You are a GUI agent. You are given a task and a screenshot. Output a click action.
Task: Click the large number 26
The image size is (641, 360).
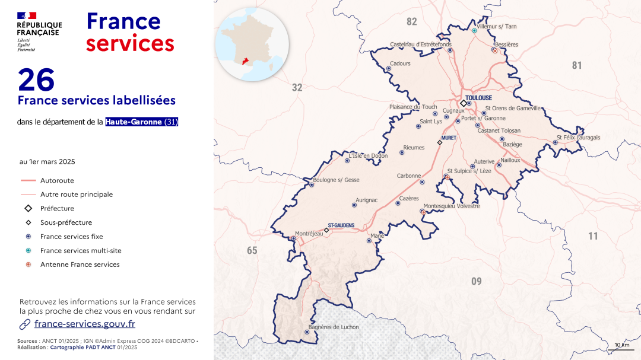[36, 80]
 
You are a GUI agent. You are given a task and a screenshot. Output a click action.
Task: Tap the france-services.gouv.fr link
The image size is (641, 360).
[84, 324]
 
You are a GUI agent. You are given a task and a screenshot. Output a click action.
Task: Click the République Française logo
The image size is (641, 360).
[39, 32]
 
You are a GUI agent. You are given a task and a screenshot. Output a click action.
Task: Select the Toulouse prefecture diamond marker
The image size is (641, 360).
[464, 103]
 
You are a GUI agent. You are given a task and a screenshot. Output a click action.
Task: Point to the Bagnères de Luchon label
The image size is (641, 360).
[334, 327]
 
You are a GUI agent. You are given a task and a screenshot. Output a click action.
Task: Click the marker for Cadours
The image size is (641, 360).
[389, 68]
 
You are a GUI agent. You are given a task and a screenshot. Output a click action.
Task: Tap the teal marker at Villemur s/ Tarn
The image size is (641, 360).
[474, 30]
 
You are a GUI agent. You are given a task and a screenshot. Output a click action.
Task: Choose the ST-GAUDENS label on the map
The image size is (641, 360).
[341, 225]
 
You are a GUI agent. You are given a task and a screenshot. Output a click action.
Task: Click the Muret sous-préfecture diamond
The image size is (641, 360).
[440, 142]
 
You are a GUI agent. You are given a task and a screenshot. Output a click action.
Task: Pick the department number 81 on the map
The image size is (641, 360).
[577, 65]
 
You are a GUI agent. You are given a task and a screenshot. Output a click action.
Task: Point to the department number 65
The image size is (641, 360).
[252, 251]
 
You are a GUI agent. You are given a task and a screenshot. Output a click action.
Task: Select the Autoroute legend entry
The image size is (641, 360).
[57, 180]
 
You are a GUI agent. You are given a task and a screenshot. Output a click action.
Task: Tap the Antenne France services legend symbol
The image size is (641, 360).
[28, 265]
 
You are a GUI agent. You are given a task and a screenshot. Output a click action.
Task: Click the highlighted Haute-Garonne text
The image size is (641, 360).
[134, 122]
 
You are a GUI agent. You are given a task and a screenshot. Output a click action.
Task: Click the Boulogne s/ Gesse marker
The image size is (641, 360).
[312, 185]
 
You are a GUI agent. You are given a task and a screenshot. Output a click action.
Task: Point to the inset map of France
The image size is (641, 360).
[252, 44]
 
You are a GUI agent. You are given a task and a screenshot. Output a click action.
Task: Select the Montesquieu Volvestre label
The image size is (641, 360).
[452, 206]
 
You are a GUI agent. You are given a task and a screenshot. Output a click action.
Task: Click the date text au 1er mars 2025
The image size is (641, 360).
[47, 161]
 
